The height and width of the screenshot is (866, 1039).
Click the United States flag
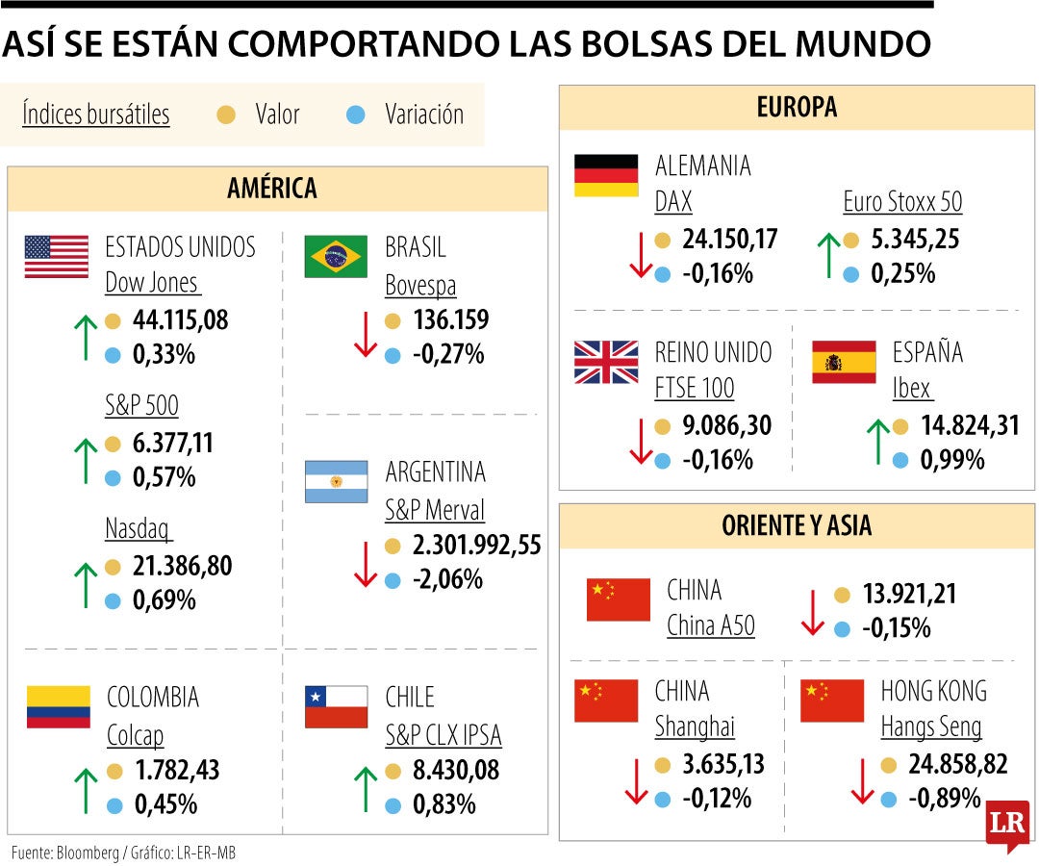(56, 257)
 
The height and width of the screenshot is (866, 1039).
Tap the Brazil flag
(336, 257)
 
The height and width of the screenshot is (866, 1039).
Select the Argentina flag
(336, 481)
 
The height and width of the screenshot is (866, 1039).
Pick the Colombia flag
(58, 706)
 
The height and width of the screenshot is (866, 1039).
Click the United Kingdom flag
(606, 362)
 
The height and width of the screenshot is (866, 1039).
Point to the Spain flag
(844, 362)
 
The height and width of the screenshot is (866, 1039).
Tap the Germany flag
(606, 175)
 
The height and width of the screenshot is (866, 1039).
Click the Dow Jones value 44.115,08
(181, 320)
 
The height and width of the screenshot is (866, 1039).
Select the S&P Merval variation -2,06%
(447, 580)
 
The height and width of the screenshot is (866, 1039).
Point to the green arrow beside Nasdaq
(86, 584)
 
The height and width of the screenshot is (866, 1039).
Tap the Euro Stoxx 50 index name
(902, 202)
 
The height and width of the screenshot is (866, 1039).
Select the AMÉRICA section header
(272, 189)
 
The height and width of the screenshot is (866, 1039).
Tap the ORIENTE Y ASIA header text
(797, 525)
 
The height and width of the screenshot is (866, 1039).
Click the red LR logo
(1006, 825)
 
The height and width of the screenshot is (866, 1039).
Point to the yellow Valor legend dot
(226, 115)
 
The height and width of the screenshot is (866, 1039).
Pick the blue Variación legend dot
(355, 115)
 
